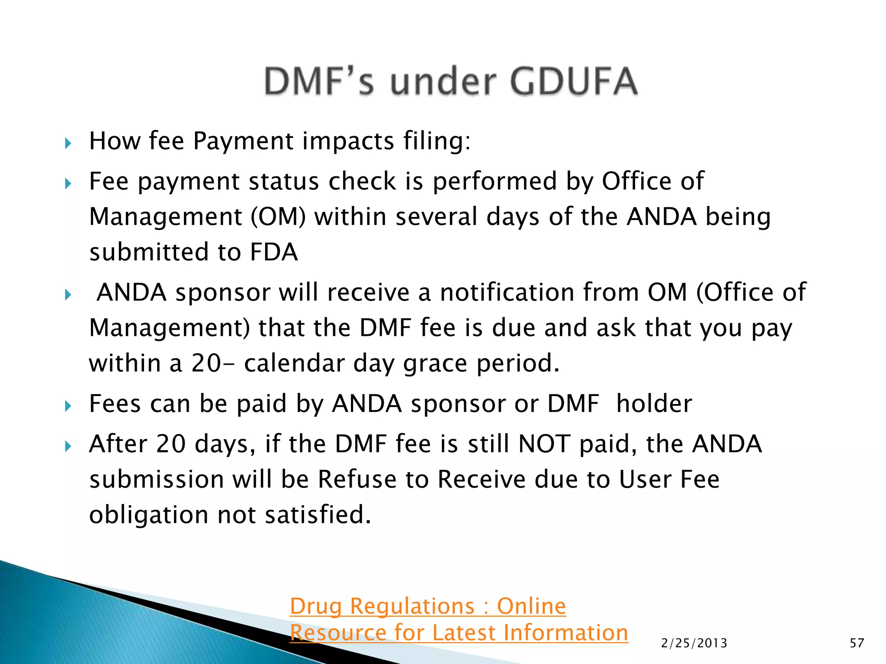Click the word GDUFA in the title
coord(574,81)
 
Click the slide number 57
coord(857,643)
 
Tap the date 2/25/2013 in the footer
coord(694,643)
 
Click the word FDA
coord(274,252)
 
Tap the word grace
coord(435,363)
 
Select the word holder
coord(654,404)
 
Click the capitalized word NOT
coord(544,444)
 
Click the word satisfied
coord(318,515)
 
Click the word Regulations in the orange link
coord(412,606)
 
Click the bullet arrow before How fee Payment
coord(68,143)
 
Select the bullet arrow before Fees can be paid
coord(68,406)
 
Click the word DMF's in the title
coord(319,81)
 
